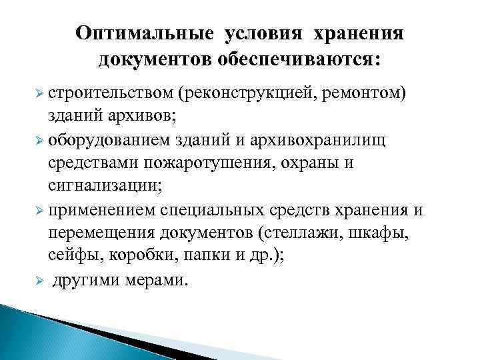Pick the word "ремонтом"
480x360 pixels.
pyautogui.click(x=363, y=91)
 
